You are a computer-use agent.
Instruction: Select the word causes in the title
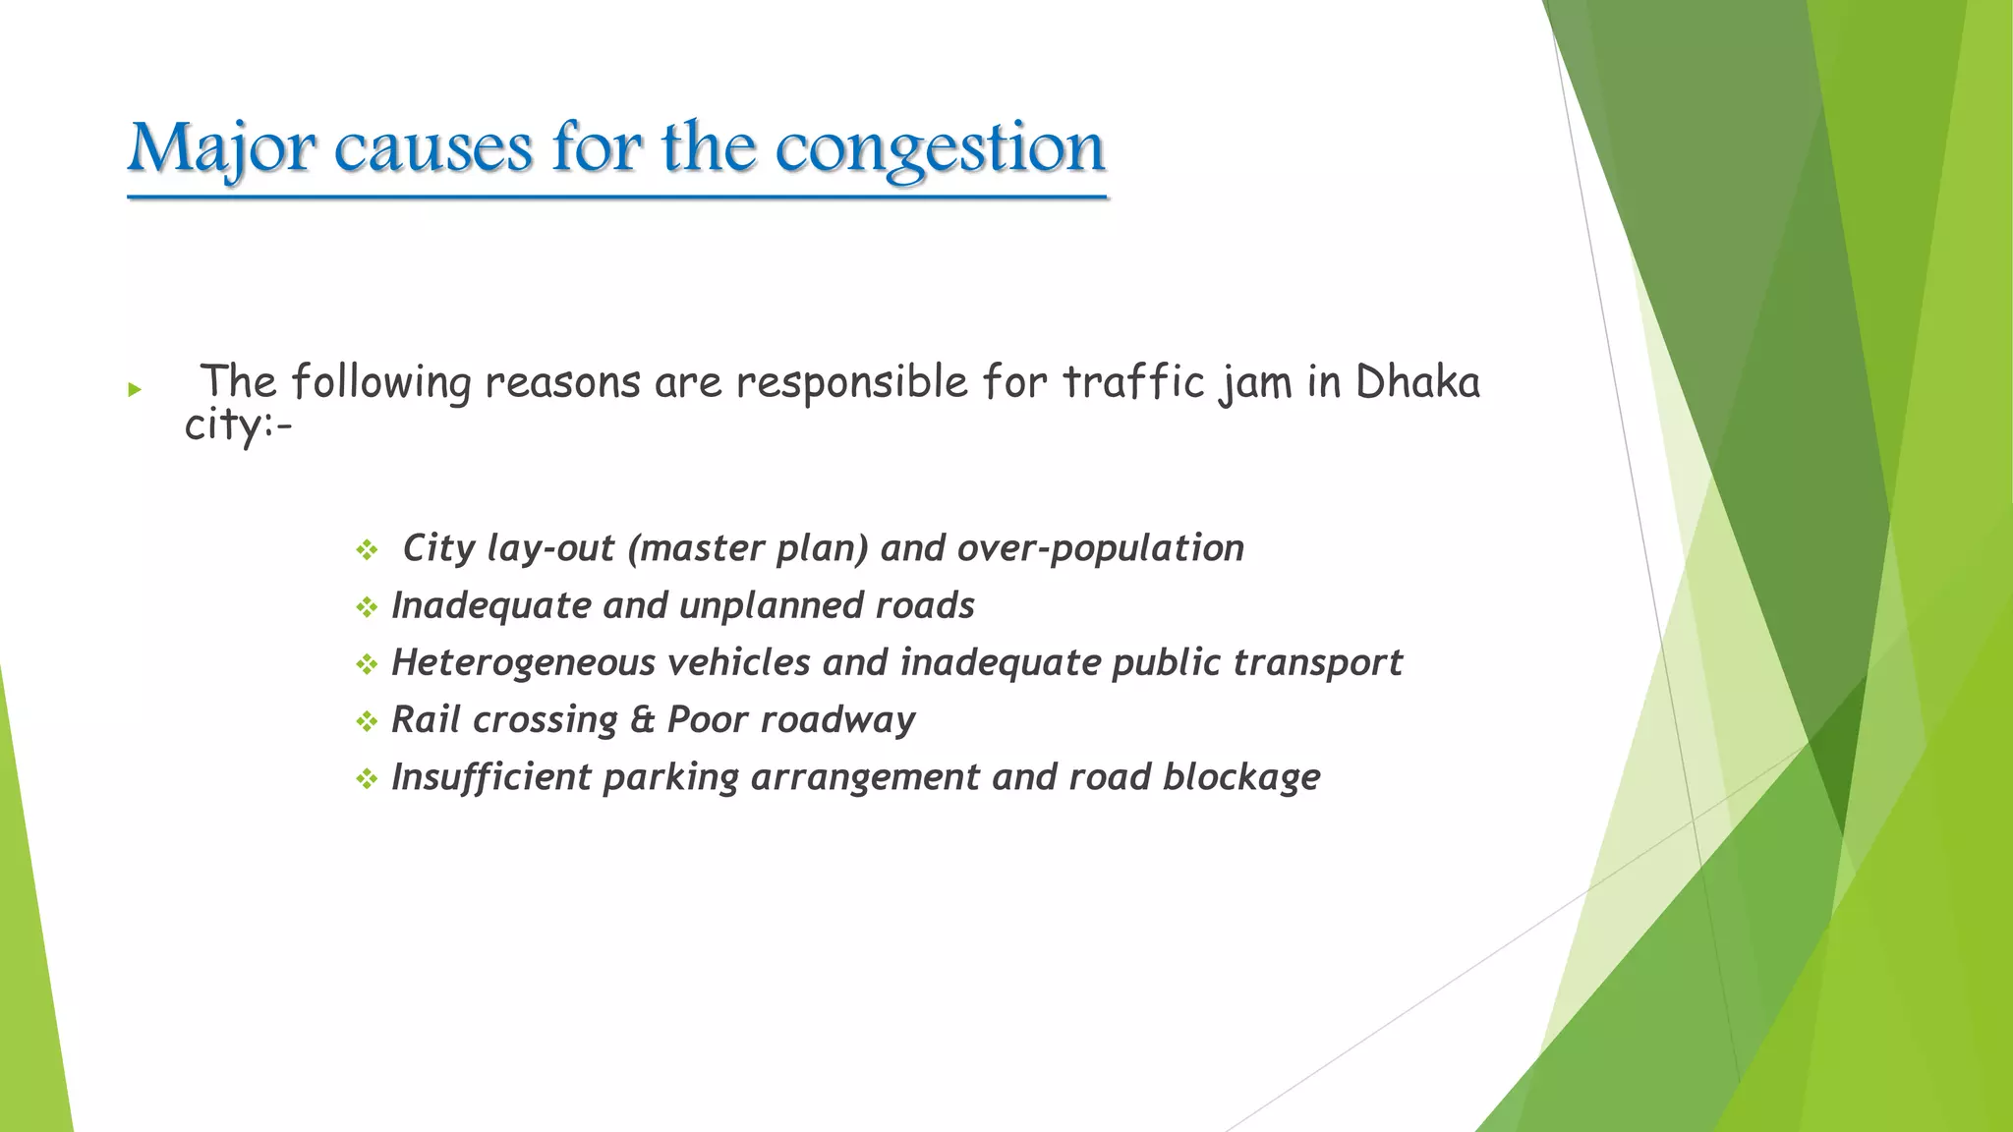(432, 149)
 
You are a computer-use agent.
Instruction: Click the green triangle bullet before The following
(135, 390)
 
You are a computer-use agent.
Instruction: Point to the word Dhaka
(1417, 382)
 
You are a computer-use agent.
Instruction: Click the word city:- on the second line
(238, 426)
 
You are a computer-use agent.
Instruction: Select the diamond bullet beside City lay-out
(367, 549)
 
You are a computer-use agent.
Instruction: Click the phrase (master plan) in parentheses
(747, 548)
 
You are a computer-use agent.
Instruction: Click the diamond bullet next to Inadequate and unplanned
(367, 607)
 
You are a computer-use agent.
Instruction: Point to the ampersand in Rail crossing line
(643, 720)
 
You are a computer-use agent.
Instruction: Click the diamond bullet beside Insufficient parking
(367, 779)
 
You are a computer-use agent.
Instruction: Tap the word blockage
(1241, 777)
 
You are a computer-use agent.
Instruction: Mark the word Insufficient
(490, 777)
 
